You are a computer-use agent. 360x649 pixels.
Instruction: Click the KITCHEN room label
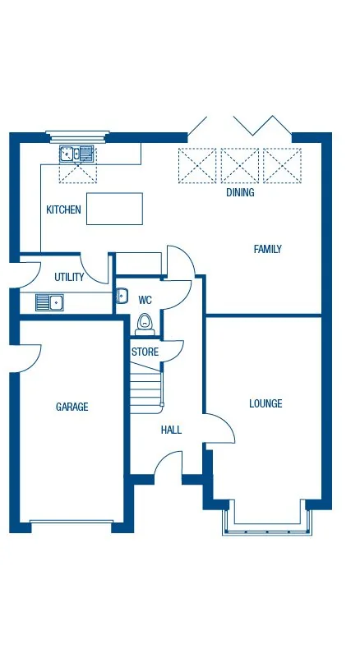click(63, 210)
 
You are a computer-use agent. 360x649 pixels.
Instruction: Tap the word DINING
click(240, 193)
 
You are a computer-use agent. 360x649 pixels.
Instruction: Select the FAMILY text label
click(267, 249)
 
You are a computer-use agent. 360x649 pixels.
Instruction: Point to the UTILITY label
click(69, 278)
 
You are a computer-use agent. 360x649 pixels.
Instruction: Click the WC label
click(145, 300)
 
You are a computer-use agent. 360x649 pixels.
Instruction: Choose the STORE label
click(145, 352)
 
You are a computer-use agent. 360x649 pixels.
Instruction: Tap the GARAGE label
click(72, 407)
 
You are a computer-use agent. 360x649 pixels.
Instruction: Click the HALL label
click(171, 430)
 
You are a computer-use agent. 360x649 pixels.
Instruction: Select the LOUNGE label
click(265, 403)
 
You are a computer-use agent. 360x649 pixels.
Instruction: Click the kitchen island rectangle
click(114, 209)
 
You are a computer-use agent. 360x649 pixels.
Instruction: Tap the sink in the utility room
click(48, 303)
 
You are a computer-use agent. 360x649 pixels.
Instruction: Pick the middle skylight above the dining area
click(240, 165)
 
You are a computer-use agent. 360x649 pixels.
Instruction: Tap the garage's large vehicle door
click(72, 521)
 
